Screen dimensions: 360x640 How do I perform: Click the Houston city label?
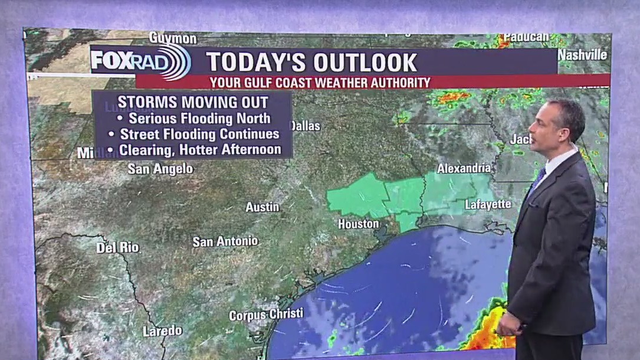358,224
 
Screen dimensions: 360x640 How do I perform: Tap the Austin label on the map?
262,207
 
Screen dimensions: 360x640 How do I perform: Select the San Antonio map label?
225,241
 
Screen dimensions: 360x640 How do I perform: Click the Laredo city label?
162,331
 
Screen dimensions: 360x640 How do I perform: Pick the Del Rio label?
117,247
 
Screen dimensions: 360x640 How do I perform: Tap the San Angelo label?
160,169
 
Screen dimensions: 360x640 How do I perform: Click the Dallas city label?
306,126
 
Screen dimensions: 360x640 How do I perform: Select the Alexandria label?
464,168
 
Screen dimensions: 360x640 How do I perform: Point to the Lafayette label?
488,205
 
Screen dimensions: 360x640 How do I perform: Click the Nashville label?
582,55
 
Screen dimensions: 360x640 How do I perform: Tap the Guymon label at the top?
173,38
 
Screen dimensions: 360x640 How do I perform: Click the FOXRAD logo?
140,61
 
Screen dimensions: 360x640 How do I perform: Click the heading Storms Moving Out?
193,101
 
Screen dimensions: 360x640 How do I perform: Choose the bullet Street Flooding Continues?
199,134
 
